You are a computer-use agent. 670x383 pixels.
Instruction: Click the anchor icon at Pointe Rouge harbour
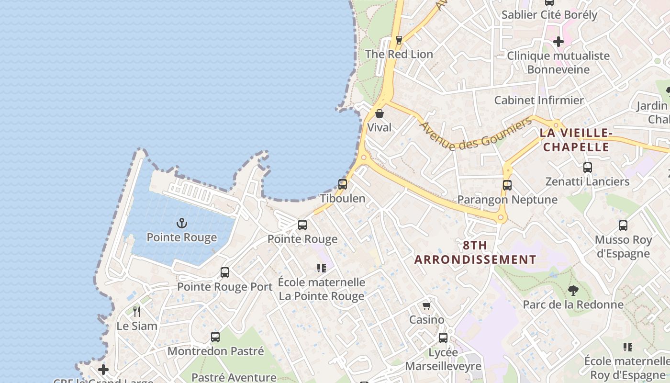pyautogui.click(x=182, y=223)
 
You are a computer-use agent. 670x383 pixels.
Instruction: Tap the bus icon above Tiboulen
pyautogui.click(x=343, y=184)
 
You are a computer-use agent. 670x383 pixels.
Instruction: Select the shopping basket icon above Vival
pyautogui.click(x=380, y=113)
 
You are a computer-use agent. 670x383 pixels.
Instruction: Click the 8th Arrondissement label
pyautogui.click(x=475, y=252)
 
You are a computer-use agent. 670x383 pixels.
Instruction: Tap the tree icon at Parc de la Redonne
pyautogui.click(x=573, y=290)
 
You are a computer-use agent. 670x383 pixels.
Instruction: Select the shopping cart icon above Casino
pyautogui.click(x=426, y=305)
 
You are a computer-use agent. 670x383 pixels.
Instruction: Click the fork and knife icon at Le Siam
pyautogui.click(x=137, y=312)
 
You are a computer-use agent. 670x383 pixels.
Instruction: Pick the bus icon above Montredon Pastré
pyautogui.click(x=215, y=337)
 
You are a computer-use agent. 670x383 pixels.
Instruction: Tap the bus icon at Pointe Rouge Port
pyautogui.click(x=225, y=272)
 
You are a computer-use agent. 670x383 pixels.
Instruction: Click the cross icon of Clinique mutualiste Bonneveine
pyautogui.click(x=558, y=42)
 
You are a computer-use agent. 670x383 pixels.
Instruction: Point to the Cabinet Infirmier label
pyautogui.click(x=539, y=101)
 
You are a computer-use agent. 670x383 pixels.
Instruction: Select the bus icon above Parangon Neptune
pyautogui.click(x=507, y=185)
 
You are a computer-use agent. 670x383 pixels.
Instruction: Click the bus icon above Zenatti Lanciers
pyautogui.click(x=588, y=168)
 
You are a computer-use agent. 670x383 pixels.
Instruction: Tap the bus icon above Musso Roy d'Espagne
pyautogui.click(x=623, y=225)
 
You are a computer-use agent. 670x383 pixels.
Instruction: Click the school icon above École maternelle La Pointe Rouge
pyautogui.click(x=322, y=268)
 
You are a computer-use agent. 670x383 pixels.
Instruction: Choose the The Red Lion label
pyautogui.click(x=399, y=54)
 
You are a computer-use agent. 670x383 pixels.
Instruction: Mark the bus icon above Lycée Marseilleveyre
pyautogui.click(x=443, y=338)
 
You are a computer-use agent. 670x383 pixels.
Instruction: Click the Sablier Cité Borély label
pyautogui.click(x=549, y=15)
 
